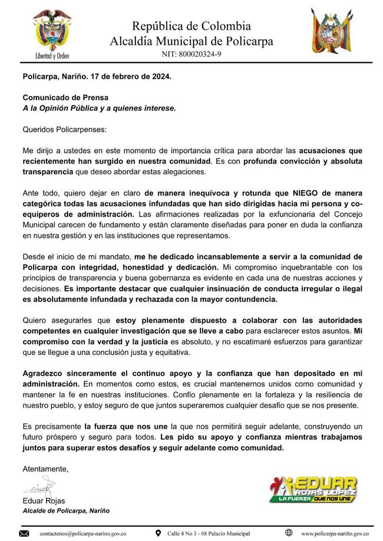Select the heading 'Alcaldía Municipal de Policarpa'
coord(191,41)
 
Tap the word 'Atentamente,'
coord(45,469)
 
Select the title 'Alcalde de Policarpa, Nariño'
coord(66,510)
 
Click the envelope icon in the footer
coord(24,533)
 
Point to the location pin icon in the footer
coord(158,533)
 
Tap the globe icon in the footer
coord(289,533)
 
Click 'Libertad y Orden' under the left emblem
coord(51,60)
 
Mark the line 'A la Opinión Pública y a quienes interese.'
coord(98,108)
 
